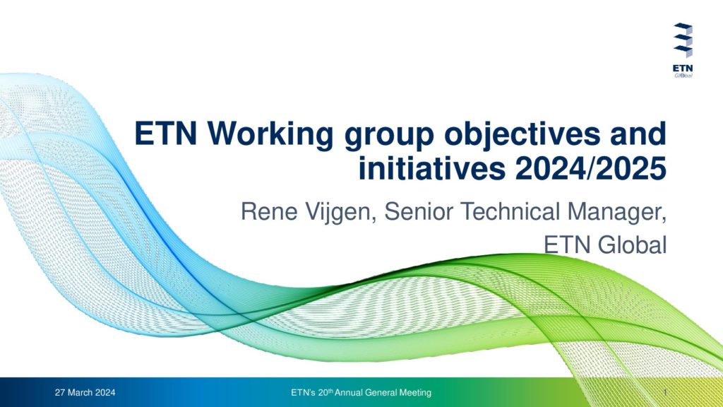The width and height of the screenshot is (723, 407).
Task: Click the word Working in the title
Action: coord(270,134)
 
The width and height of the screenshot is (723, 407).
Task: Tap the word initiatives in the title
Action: coord(432,168)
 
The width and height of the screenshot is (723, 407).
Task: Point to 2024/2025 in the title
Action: coord(591,168)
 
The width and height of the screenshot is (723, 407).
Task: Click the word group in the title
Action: coord(389,137)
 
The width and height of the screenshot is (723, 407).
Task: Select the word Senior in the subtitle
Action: coord(419,211)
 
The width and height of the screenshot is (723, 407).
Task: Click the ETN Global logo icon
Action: coord(683,40)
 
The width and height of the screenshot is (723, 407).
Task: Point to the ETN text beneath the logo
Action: coord(683,69)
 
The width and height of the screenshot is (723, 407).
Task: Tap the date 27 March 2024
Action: coord(85,393)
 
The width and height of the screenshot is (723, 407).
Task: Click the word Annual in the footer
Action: coord(349,393)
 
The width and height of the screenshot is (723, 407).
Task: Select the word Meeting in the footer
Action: coord(415,393)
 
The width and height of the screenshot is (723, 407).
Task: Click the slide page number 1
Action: coord(665,393)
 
